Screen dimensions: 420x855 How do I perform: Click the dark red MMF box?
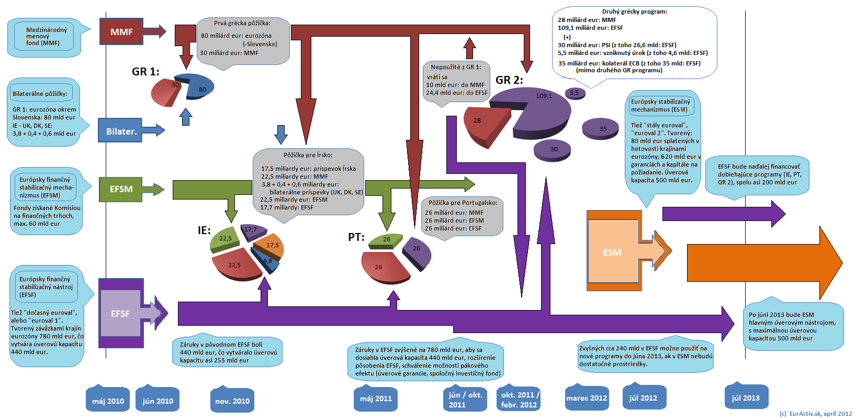click(x=121, y=32)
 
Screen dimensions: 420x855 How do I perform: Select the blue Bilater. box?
click(x=120, y=131)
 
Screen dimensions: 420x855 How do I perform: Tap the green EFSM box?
click(x=121, y=189)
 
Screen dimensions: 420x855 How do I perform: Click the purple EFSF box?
click(x=120, y=313)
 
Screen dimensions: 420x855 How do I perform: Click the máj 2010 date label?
click(x=108, y=401)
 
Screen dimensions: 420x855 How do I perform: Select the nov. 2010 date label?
click(x=232, y=401)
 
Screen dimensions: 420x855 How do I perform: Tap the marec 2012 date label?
click(x=587, y=398)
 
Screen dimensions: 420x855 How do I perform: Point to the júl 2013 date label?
click(x=746, y=398)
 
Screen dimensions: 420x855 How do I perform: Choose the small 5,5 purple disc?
click(x=575, y=93)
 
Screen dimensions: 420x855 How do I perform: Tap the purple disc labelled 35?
click(x=600, y=128)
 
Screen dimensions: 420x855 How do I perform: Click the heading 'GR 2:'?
click(x=509, y=80)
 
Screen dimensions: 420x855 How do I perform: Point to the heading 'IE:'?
click(x=204, y=230)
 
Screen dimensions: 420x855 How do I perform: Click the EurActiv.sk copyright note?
click(x=815, y=414)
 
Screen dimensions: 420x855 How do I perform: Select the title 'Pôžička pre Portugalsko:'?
click(x=463, y=203)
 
